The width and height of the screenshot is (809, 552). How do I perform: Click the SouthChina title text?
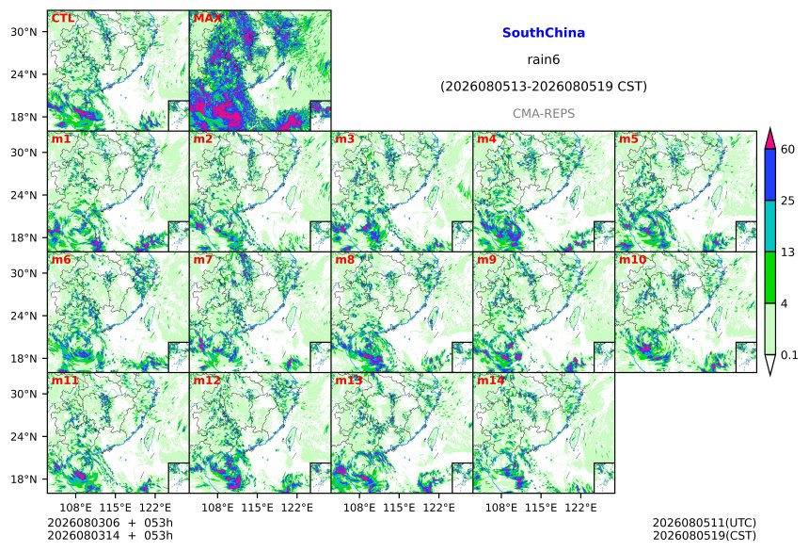point(544,33)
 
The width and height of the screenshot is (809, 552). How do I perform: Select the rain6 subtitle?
point(544,59)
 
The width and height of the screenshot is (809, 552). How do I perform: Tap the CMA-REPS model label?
point(544,113)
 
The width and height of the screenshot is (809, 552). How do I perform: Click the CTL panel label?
point(62,19)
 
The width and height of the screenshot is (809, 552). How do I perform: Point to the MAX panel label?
point(207,19)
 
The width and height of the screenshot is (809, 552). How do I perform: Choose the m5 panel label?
point(627,139)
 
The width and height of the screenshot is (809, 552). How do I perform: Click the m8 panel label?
point(344,259)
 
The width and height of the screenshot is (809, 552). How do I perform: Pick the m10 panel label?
point(632,259)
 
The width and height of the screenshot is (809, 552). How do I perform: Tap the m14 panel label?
point(490,381)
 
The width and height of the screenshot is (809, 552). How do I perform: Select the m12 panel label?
point(206,381)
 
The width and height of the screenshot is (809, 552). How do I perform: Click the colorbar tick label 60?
point(787,150)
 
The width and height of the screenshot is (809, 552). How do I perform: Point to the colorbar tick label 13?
point(787,252)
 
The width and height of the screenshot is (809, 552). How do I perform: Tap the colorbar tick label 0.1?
point(789,355)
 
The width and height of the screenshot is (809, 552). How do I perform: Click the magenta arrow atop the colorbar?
point(769,139)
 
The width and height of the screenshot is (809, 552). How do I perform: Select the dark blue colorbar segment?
point(769,174)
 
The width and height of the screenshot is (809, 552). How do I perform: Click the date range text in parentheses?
point(544,87)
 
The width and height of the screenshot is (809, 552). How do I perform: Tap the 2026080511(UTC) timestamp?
point(705,523)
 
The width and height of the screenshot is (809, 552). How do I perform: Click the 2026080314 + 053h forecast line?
point(110,535)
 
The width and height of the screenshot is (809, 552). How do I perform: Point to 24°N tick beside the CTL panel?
point(24,74)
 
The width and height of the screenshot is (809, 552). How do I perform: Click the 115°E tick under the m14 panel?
point(541,508)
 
